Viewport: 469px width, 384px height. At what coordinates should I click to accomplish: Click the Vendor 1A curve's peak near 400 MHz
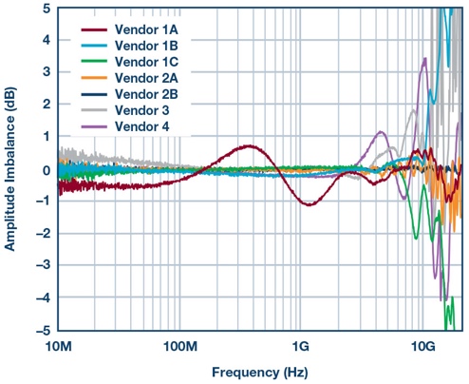click(x=250, y=146)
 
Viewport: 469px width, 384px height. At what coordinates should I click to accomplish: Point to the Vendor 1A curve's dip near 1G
click(x=307, y=204)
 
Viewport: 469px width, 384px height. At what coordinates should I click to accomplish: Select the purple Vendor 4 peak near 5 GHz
click(x=381, y=132)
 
